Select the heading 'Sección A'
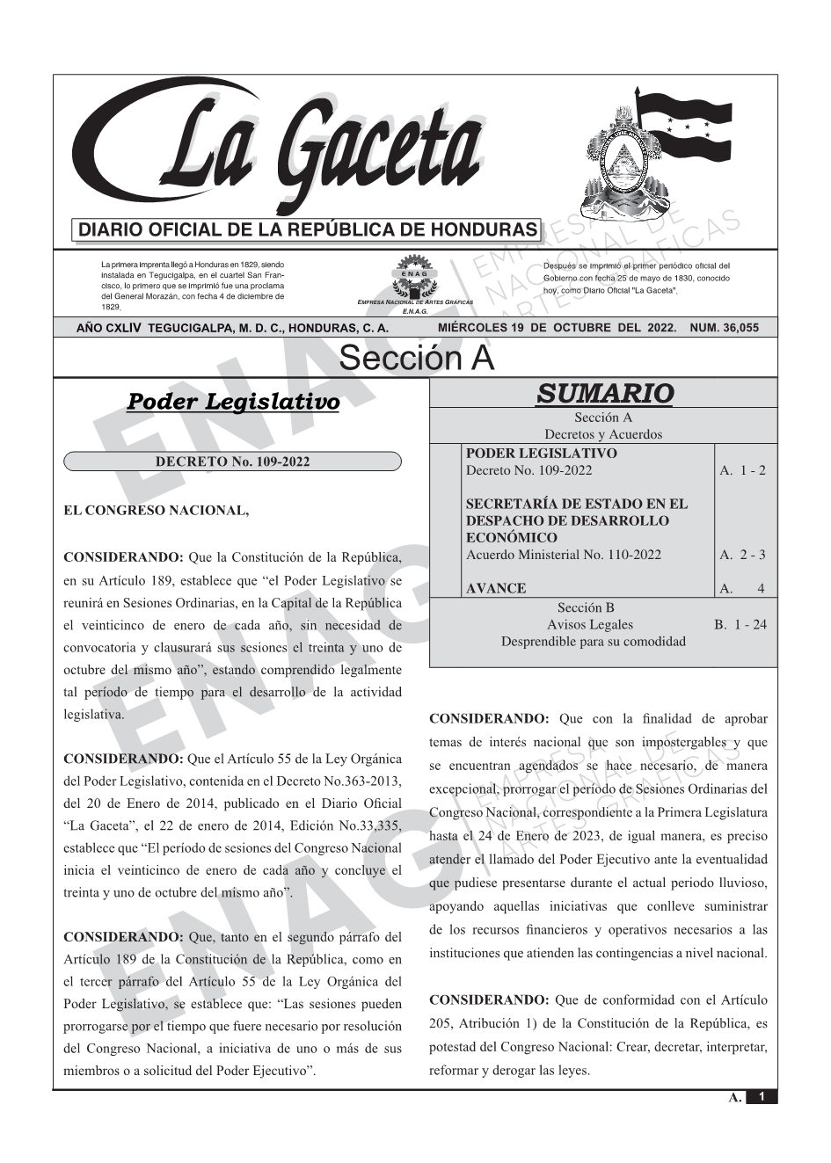(x=416, y=359)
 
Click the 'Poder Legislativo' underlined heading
(x=233, y=402)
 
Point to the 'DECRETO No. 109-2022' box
(x=233, y=462)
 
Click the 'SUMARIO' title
(x=604, y=393)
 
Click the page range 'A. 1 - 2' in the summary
(x=742, y=470)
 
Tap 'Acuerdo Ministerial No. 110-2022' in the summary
(x=563, y=555)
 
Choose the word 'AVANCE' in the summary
(x=496, y=588)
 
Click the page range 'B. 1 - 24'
(x=740, y=625)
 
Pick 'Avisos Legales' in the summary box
(x=589, y=625)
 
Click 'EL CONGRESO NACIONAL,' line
(x=157, y=510)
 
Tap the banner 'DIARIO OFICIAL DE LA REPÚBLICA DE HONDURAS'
(x=308, y=230)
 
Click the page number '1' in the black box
(x=762, y=1097)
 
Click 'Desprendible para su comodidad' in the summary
(x=593, y=642)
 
